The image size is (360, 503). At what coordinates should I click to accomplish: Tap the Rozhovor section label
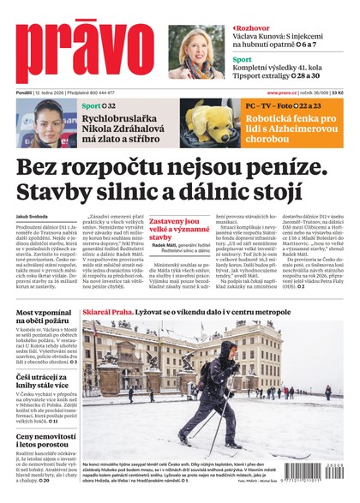[255, 27]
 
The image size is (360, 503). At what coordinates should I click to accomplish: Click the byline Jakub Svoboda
[32, 217]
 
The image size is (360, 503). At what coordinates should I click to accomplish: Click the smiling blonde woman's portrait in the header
[194, 52]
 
